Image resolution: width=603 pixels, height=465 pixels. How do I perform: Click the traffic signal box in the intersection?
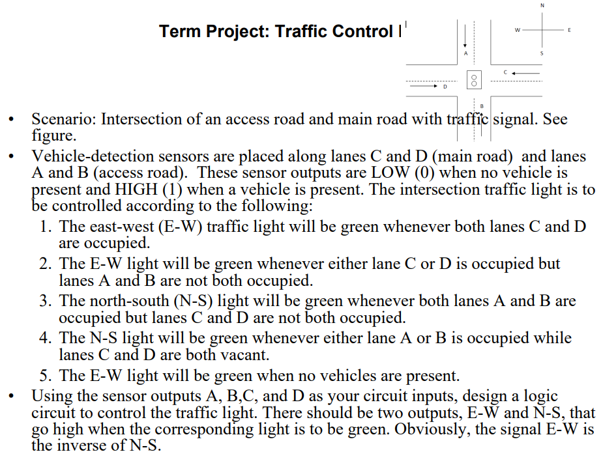475,79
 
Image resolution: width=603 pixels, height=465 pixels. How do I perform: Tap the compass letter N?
542,6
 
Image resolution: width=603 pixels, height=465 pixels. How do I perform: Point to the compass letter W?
517,29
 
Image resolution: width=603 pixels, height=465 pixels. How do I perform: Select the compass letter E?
569,30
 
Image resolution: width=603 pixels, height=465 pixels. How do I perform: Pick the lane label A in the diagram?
465,53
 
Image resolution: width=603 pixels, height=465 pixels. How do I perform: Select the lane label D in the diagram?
445,87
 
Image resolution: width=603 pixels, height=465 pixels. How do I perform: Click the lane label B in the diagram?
482,106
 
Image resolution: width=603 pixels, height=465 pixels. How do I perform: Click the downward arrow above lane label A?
465,36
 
